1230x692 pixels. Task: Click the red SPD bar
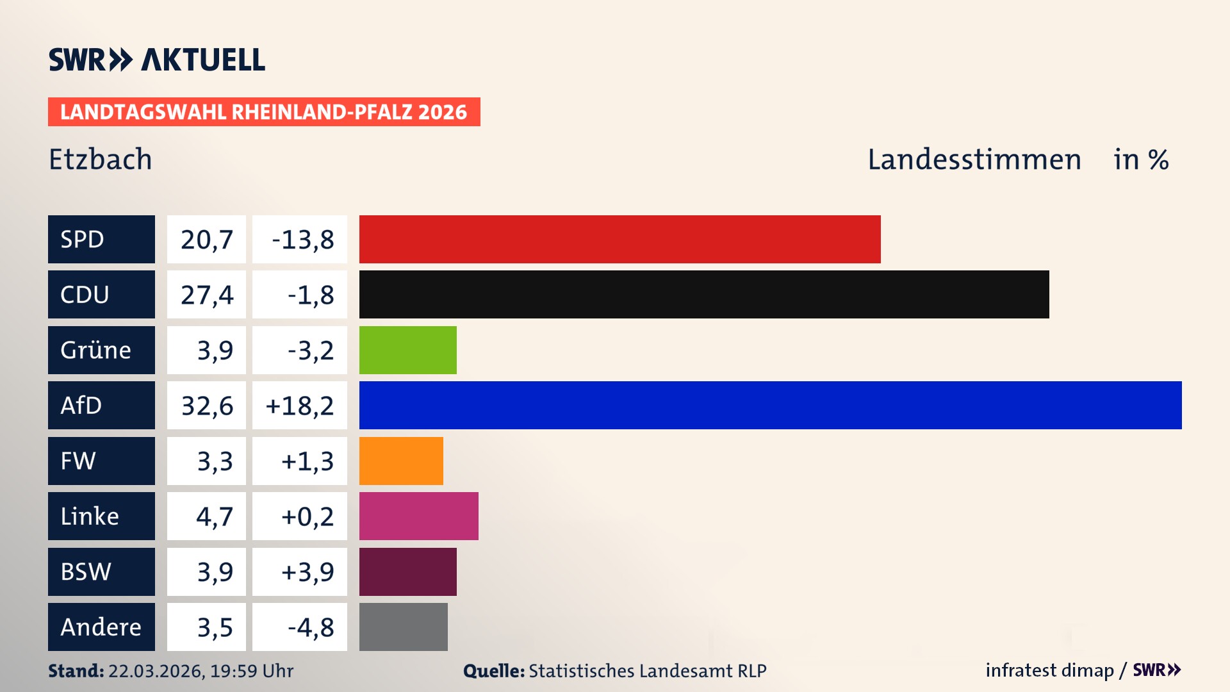coord(619,239)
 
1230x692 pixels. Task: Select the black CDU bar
coord(703,294)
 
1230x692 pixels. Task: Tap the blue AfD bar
coord(770,405)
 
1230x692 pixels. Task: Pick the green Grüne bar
coord(407,350)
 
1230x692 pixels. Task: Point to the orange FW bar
coord(400,461)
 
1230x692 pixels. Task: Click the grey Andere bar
coord(403,627)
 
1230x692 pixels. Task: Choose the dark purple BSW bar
coord(407,572)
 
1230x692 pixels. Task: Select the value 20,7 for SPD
coord(206,240)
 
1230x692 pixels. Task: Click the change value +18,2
coord(300,406)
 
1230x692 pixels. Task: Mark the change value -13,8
coord(302,240)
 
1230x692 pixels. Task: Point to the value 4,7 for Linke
coord(214,516)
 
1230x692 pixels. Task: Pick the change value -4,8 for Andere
coord(310,627)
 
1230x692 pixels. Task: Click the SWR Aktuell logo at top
coord(156,60)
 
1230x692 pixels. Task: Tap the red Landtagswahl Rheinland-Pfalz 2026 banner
coord(263,111)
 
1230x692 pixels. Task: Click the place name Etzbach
coord(101,159)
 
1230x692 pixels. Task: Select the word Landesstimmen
coord(974,159)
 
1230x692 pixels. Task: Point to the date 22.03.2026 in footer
coord(156,671)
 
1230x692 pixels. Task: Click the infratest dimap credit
coord(1049,670)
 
